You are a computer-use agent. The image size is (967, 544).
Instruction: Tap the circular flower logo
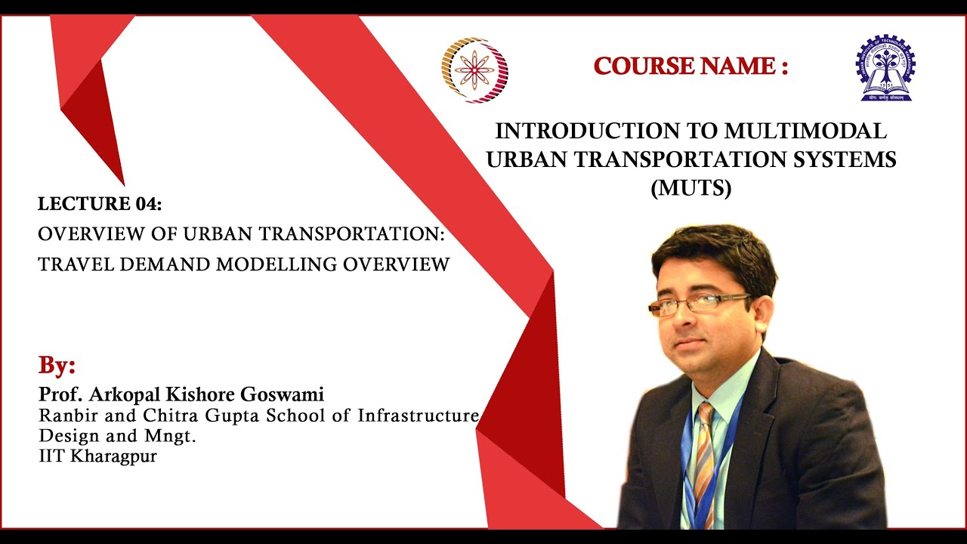pos(474,70)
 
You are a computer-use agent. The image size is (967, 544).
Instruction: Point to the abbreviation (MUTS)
pos(691,188)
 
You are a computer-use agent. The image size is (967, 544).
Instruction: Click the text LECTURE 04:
pos(100,204)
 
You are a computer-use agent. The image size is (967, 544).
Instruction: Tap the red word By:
pos(57,366)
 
